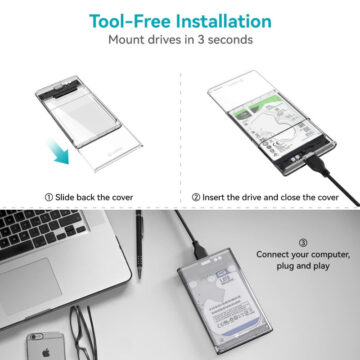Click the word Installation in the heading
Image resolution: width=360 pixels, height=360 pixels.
(x=224, y=21)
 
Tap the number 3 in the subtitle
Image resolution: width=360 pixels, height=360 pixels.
(x=201, y=40)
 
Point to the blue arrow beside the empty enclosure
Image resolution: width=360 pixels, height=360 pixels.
(x=58, y=151)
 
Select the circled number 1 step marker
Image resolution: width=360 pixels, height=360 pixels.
(x=49, y=197)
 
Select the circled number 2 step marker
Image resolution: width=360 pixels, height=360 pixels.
(x=196, y=197)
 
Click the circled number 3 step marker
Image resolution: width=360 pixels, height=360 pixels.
(x=303, y=243)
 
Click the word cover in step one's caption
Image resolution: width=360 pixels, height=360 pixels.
(x=122, y=197)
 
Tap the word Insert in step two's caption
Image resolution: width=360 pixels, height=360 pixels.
(x=213, y=197)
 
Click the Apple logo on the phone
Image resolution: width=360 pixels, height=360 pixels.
(x=46, y=352)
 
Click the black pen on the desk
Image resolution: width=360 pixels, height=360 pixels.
(x=139, y=244)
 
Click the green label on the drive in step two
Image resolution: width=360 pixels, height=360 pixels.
(x=256, y=106)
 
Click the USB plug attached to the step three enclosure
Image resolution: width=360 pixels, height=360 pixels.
(x=199, y=249)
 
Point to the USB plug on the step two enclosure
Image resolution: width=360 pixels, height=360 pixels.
(x=317, y=165)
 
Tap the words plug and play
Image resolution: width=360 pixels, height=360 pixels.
(x=303, y=266)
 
